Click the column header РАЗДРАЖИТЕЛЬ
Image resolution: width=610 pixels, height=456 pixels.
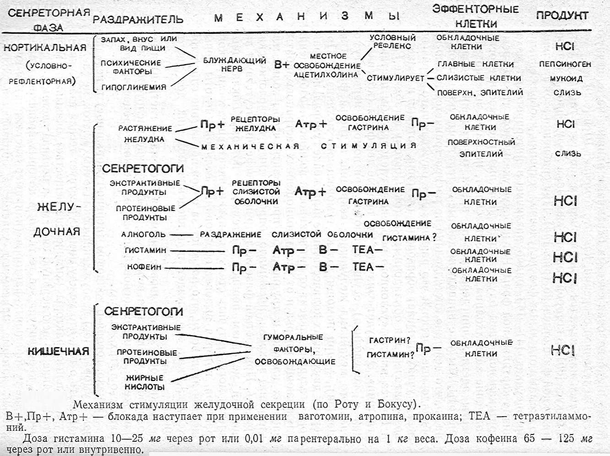(138, 20)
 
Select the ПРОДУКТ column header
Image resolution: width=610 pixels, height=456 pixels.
(562, 16)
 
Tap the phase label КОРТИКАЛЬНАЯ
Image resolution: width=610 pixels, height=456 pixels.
(45, 48)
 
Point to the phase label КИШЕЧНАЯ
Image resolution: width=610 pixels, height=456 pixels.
(58, 351)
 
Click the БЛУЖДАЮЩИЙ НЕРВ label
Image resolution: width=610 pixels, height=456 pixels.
(234, 65)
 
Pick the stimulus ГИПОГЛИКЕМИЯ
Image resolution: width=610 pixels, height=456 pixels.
(134, 87)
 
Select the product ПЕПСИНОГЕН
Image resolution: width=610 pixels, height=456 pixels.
(565, 64)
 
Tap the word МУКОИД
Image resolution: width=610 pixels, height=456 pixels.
(566, 78)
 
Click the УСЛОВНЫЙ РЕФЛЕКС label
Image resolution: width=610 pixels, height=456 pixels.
(392, 42)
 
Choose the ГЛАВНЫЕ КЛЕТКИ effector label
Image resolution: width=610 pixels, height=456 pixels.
(475, 64)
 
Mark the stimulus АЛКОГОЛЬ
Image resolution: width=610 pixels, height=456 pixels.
(143, 234)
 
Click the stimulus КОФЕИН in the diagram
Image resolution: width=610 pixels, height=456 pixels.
(144, 267)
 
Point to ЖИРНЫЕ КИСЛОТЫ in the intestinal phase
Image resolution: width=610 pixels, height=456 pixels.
(145, 382)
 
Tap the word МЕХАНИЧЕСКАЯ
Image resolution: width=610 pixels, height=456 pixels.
(251, 147)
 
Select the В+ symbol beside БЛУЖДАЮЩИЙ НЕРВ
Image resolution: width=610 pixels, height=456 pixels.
(281, 65)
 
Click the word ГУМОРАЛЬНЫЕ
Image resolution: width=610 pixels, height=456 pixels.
(293, 337)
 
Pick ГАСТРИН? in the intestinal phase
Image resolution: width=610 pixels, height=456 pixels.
(390, 340)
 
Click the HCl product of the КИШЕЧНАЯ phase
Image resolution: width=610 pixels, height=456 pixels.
(563, 351)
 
